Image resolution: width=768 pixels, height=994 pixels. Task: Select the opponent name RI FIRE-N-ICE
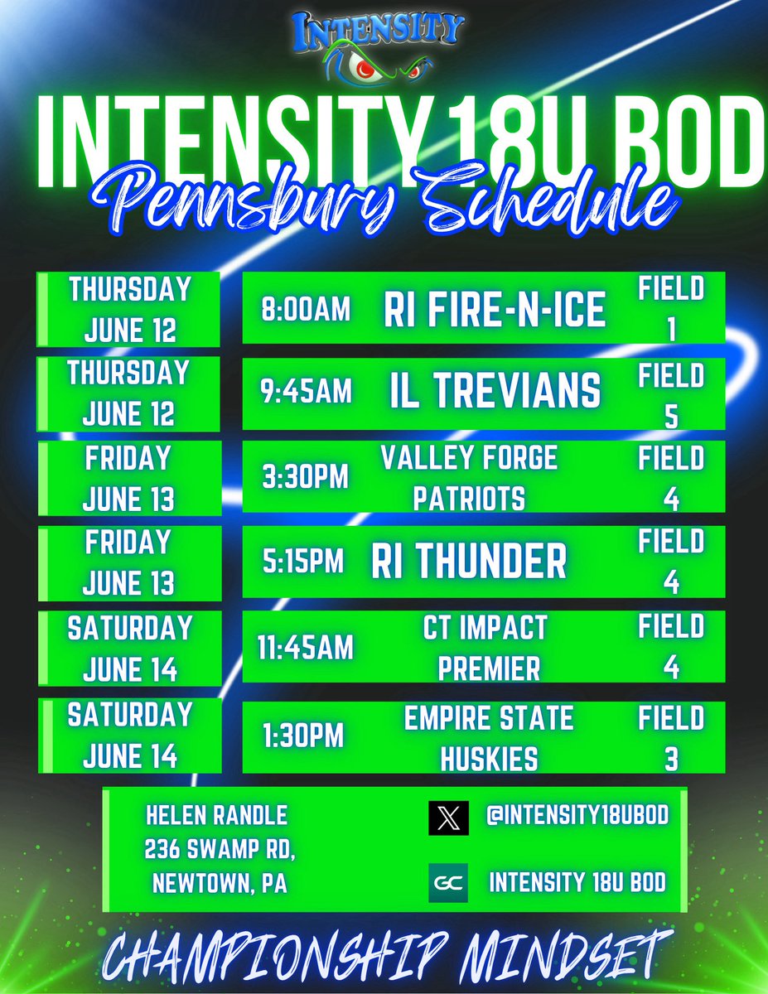point(494,310)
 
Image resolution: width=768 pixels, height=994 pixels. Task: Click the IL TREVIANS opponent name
point(495,391)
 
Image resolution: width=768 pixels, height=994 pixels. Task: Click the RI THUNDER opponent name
point(469,562)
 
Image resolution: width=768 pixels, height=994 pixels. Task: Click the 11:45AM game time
point(306,647)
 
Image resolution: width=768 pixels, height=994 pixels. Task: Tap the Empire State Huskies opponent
point(489,737)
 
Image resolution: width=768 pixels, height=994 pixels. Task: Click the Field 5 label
point(671,395)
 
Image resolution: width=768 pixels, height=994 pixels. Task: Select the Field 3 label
point(671,737)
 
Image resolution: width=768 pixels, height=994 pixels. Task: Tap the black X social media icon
point(448,817)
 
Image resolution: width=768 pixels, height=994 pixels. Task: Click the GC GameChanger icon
point(448,883)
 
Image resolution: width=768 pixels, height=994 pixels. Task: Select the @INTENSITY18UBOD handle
point(577,816)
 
